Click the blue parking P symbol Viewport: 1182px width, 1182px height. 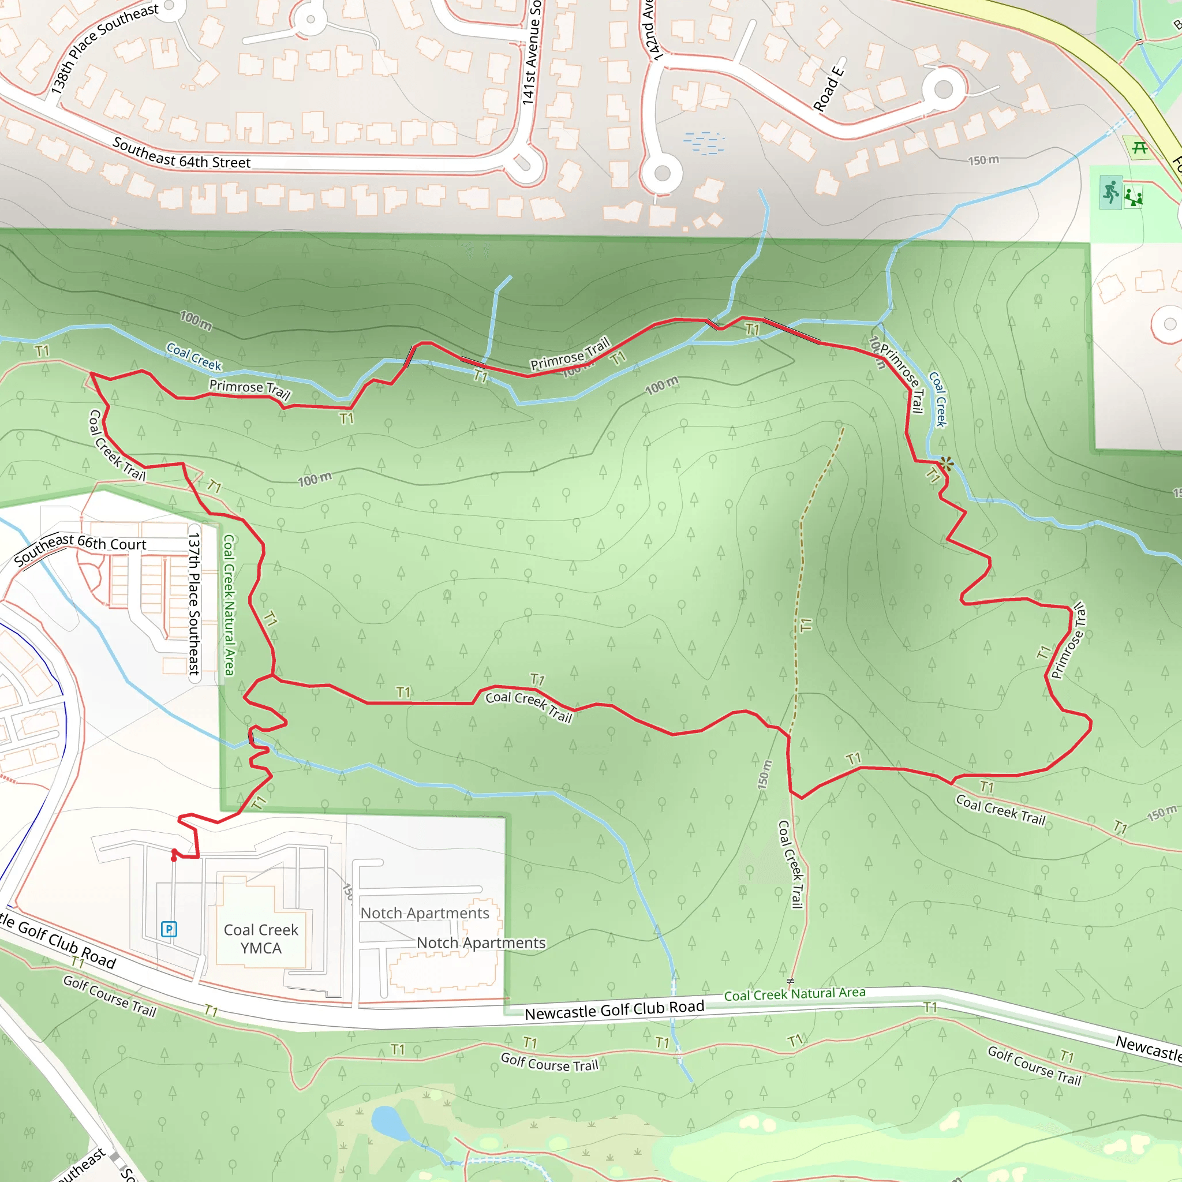169,929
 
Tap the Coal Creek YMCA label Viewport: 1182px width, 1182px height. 261,938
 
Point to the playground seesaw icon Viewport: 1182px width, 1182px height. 1133,196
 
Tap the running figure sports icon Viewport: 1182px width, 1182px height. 1110,192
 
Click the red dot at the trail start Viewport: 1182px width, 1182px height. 174,858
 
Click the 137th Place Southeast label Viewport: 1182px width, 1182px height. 194,603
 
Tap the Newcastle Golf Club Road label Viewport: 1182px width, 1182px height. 614,1010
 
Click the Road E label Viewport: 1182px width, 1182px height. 829,89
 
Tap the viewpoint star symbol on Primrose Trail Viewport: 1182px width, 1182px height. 946,464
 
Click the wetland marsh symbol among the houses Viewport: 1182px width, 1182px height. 704,142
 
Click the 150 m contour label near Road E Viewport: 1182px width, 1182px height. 983,160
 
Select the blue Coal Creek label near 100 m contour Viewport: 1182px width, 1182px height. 193,357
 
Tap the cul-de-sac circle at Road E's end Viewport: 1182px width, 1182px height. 944,89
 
